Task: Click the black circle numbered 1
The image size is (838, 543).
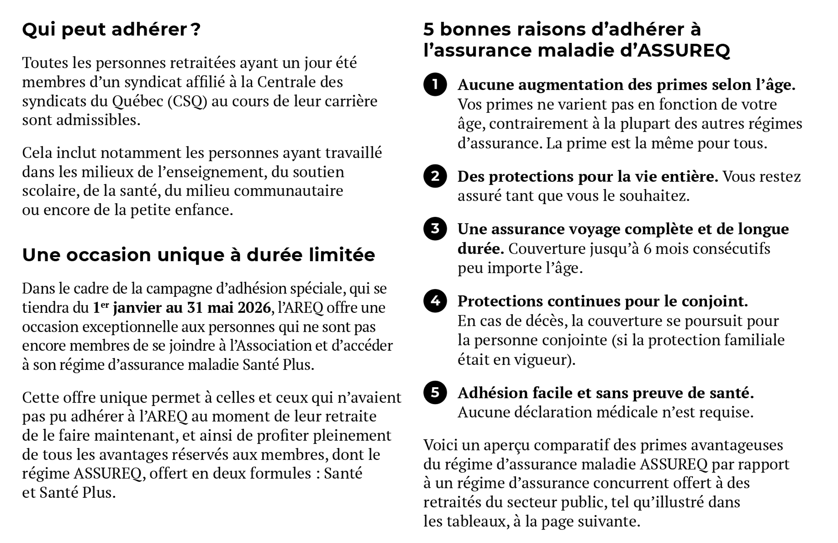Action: (435, 85)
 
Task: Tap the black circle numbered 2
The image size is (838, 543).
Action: (435, 176)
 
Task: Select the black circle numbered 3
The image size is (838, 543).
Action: (435, 229)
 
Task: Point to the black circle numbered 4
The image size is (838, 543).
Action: (435, 301)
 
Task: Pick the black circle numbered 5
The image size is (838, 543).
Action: (435, 392)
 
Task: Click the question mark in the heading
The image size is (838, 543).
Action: (197, 29)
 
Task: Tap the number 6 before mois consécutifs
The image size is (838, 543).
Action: (647, 248)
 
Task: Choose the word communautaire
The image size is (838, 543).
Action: (288, 191)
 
